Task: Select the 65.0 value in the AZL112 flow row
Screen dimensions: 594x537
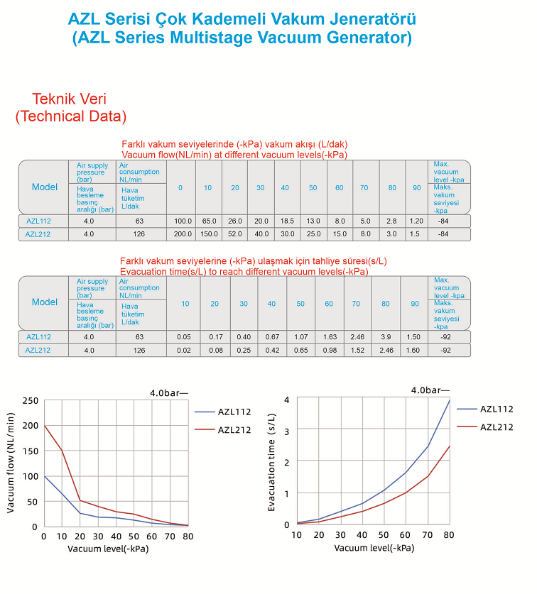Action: click(209, 221)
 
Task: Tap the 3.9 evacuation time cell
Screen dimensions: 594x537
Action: click(386, 337)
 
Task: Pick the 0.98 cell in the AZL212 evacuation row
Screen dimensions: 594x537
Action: click(329, 350)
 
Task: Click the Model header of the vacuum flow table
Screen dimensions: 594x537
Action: click(44, 187)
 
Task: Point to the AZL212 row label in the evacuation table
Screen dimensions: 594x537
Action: click(38, 350)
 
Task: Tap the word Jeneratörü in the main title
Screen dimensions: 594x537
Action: click(367, 18)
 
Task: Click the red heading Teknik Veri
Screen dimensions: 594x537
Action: click(71, 99)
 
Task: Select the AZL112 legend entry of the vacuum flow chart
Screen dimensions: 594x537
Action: click(234, 411)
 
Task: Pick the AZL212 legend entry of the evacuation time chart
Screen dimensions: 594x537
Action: click(497, 427)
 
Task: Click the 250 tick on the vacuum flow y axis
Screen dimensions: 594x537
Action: click(30, 401)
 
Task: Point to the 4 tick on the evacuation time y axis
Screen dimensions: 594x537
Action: click(286, 400)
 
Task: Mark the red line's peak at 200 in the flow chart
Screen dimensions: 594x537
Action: click(45, 425)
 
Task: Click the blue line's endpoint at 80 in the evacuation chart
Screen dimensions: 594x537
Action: click(449, 400)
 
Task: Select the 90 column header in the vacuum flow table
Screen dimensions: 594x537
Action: click(416, 187)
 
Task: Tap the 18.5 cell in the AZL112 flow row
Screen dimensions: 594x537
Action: click(287, 221)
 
